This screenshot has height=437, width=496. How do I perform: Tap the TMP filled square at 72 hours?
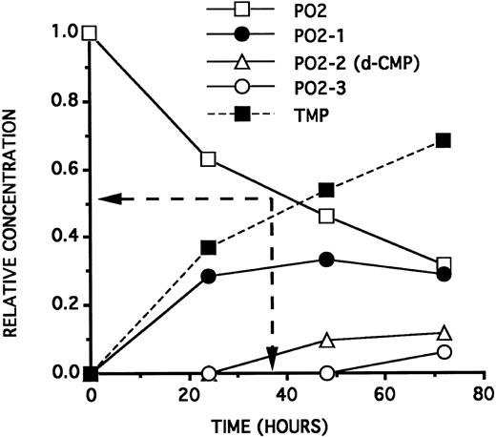(x=444, y=140)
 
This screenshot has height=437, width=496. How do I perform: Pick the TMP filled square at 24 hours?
(x=209, y=247)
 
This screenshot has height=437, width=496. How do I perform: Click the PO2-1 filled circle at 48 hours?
(x=326, y=260)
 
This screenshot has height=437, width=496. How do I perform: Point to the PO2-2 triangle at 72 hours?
(x=444, y=333)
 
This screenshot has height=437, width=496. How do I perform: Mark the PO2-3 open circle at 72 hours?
(x=444, y=351)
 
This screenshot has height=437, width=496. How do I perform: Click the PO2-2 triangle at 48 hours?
(x=326, y=340)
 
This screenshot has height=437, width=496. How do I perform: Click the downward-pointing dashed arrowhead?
(x=272, y=359)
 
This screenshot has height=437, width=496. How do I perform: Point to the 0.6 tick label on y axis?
(x=65, y=170)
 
